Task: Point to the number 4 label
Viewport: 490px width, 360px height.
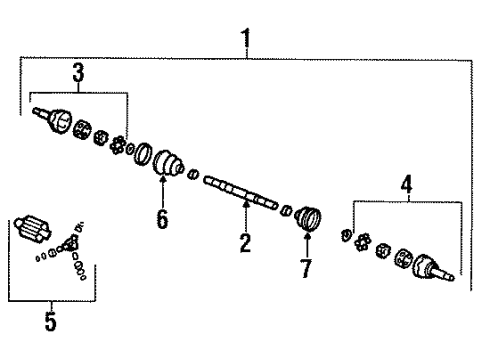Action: pos(405,187)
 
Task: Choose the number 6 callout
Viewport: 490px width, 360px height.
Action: pos(162,218)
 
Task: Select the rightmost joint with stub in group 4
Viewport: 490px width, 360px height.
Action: pos(430,264)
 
